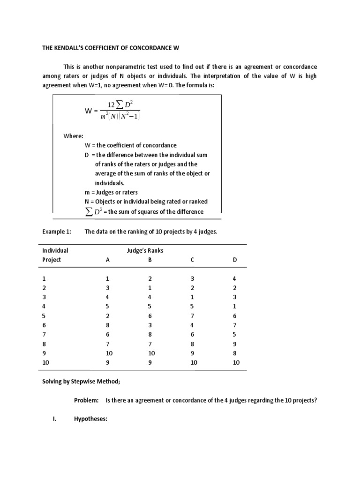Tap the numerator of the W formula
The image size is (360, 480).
[x=120, y=104]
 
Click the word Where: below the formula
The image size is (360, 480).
[x=74, y=136]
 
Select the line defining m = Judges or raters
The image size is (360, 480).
[x=111, y=192]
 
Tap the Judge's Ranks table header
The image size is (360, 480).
[x=145, y=251]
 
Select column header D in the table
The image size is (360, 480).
[x=235, y=260]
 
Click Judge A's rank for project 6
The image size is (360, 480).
[x=107, y=325]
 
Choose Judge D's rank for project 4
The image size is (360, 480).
[x=235, y=306]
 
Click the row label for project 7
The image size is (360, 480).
[x=44, y=334]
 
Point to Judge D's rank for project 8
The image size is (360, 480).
[x=235, y=344]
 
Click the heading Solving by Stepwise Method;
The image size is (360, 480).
[x=81, y=382]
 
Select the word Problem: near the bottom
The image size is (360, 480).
[x=86, y=401]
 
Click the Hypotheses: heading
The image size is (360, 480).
[x=91, y=420]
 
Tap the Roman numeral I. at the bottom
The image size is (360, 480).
[x=54, y=420]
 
